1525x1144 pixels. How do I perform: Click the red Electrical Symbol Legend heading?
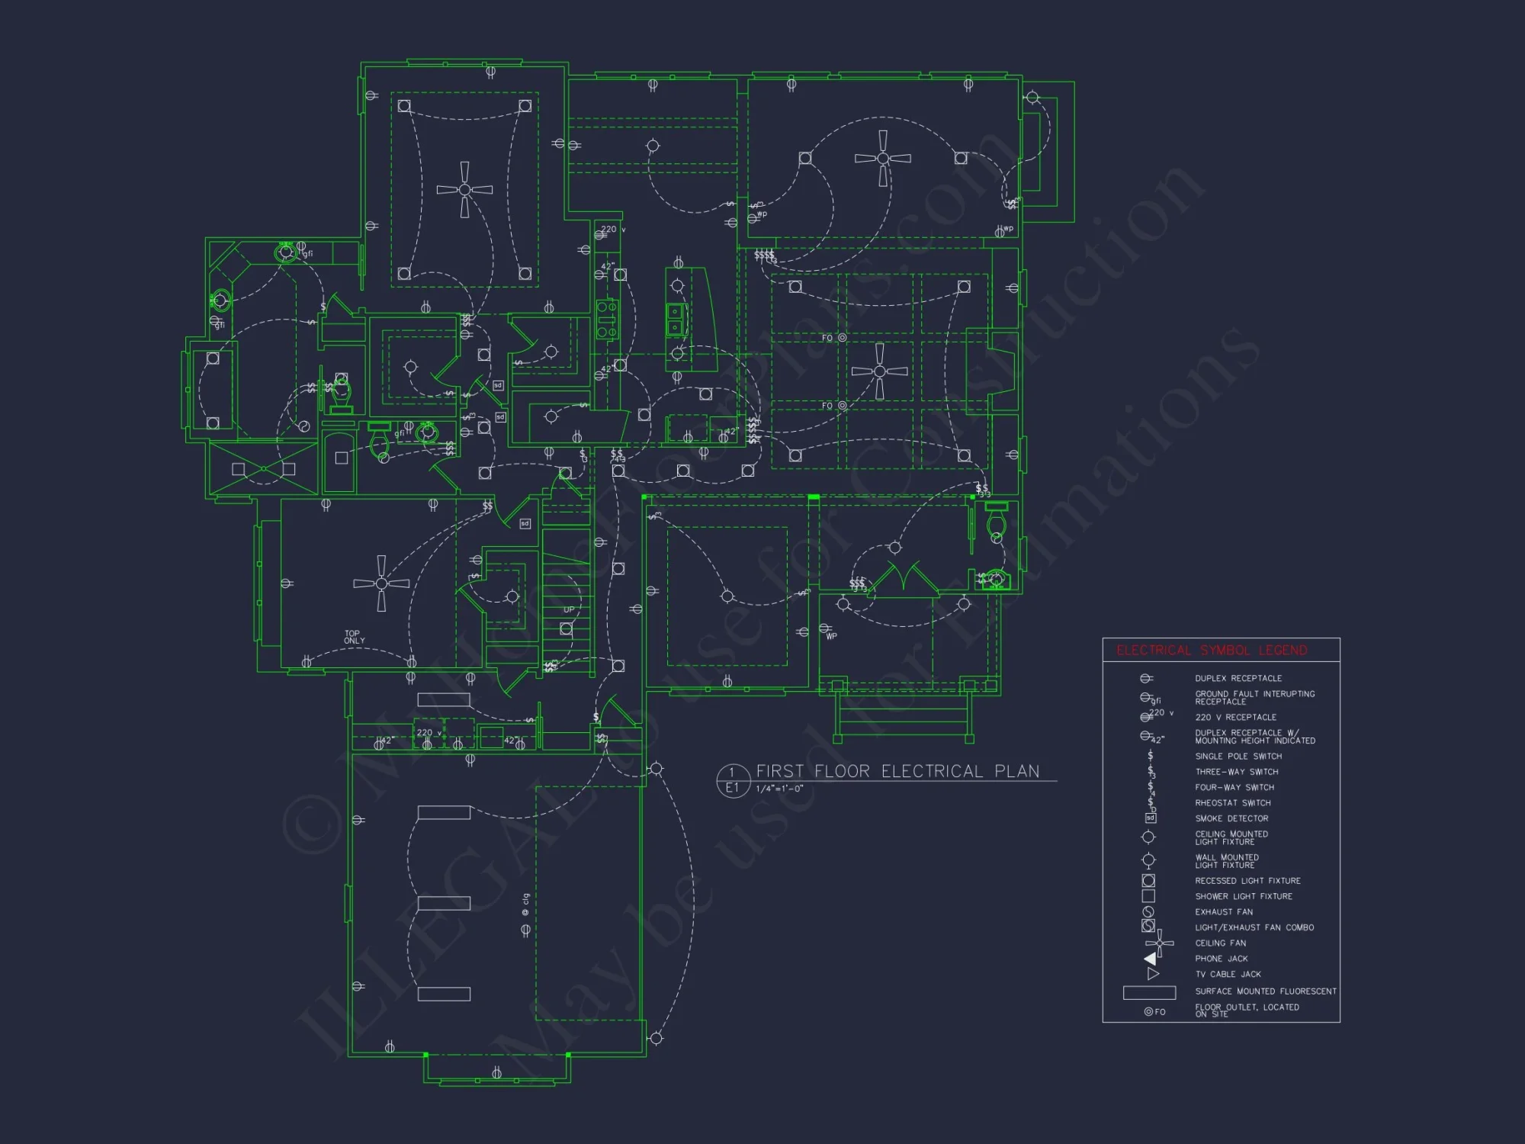(x=1212, y=651)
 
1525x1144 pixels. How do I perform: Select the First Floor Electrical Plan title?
(x=897, y=771)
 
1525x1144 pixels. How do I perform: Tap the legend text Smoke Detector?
(x=1231, y=818)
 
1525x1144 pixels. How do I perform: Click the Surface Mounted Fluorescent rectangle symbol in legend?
(x=1149, y=992)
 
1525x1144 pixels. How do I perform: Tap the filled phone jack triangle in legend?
(x=1150, y=959)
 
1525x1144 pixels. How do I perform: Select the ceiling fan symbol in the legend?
(x=1159, y=943)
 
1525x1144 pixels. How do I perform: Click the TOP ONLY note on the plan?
(x=354, y=637)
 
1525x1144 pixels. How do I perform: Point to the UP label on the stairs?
(x=569, y=610)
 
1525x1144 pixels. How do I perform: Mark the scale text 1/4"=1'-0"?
(x=779, y=789)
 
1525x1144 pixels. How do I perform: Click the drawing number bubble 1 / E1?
(x=732, y=780)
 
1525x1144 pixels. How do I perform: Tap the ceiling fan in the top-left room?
(x=464, y=189)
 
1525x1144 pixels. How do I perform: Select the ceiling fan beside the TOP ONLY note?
(x=381, y=583)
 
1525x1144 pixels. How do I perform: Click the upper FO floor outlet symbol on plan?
(x=842, y=338)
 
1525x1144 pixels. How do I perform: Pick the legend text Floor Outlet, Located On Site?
(x=1247, y=1011)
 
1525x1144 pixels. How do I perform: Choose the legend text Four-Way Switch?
(x=1234, y=787)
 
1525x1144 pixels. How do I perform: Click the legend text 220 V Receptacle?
(x=1235, y=717)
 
